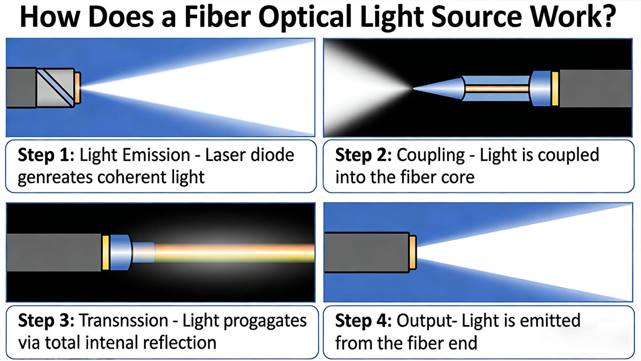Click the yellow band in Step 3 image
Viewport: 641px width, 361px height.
[106, 252]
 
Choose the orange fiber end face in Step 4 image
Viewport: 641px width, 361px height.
[413, 252]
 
